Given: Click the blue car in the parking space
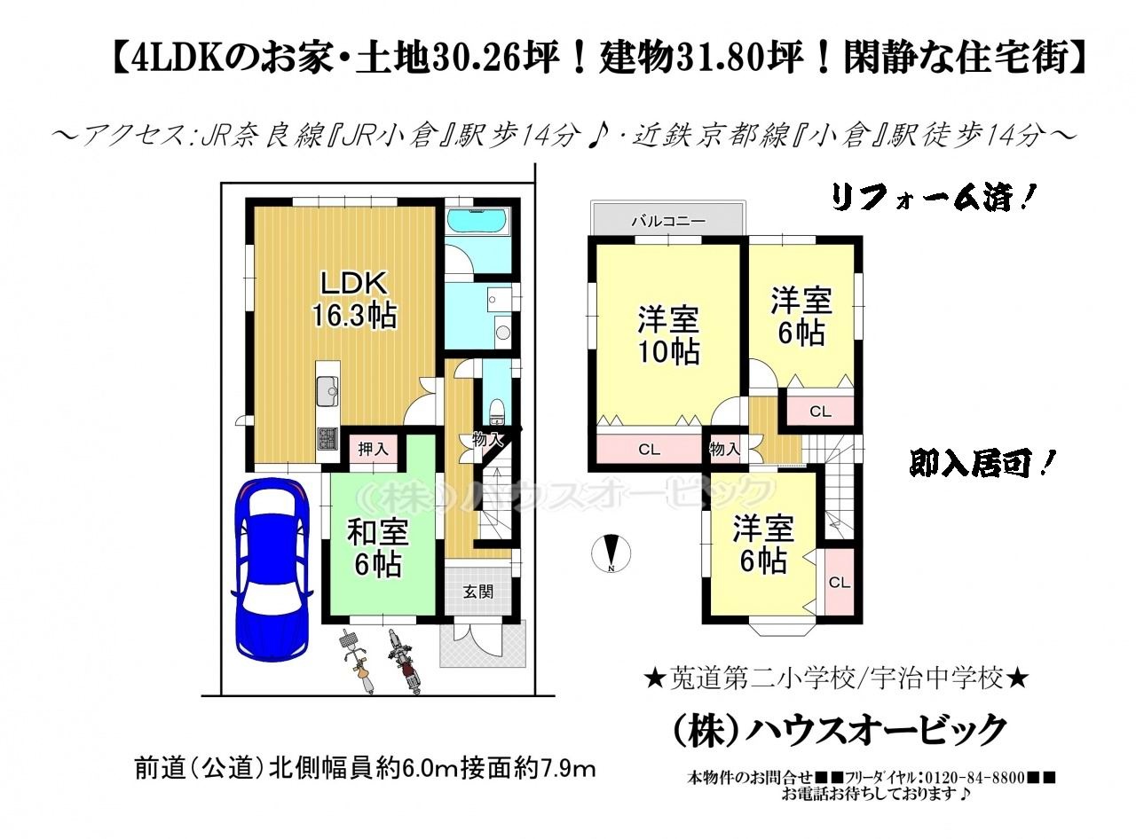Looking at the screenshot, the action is click(272, 569).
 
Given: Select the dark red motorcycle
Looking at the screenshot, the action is click(405, 661).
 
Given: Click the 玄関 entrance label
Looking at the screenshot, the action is click(477, 592).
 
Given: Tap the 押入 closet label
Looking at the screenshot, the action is click(373, 450).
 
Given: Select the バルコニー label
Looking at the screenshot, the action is click(668, 221).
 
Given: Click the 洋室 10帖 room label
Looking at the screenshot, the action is click(668, 335).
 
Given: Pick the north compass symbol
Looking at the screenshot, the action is click(611, 553).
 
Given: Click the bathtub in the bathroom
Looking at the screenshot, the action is click(477, 221).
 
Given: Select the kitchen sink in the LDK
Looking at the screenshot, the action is click(327, 392).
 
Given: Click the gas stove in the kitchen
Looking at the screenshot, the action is click(327, 438).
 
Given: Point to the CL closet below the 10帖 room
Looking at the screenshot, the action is click(649, 450).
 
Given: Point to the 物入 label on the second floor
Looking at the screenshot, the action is click(724, 449).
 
